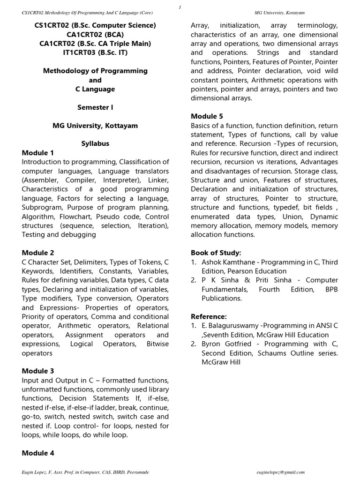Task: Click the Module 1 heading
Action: tap(38, 153)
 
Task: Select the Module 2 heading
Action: tap(38, 253)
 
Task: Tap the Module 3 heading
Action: tap(38, 371)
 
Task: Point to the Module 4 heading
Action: tap(38, 453)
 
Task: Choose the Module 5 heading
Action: tap(207, 116)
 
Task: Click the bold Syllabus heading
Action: tap(95, 144)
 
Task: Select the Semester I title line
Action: tap(95, 107)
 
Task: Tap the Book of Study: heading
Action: tap(216, 253)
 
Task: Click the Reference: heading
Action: tap(209, 317)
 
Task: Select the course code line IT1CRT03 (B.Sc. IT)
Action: tap(95, 52)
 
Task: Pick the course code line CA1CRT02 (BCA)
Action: tap(95, 34)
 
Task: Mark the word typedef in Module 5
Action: tap(295, 207)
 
